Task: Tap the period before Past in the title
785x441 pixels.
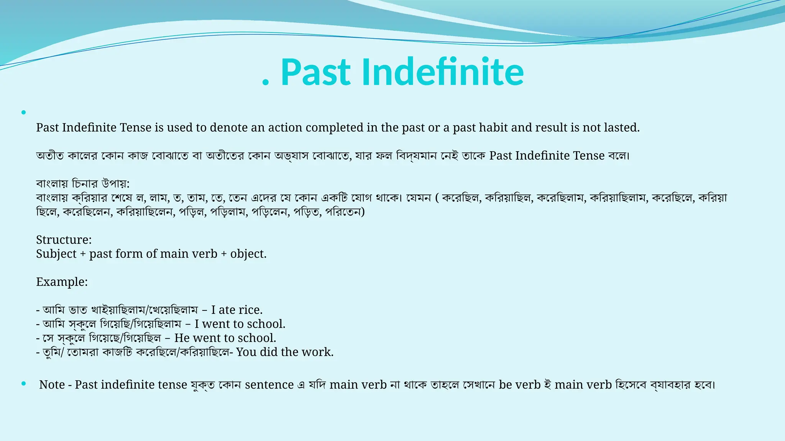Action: tap(265, 82)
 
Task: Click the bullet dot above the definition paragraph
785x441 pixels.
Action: tap(24, 113)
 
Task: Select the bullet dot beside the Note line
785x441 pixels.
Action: tap(24, 384)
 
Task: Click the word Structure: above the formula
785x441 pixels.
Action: tap(64, 240)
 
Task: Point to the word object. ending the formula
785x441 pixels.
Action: tap(248, 254)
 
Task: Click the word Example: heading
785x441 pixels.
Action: tap(62, 282)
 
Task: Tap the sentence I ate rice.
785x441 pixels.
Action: tap(236, 310)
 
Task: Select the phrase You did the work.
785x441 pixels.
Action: tap(284, 352)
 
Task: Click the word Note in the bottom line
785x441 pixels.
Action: tap(52, 384)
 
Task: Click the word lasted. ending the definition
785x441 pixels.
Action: tap(622, 127)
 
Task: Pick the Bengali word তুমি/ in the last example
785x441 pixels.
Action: tap(53, 352)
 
